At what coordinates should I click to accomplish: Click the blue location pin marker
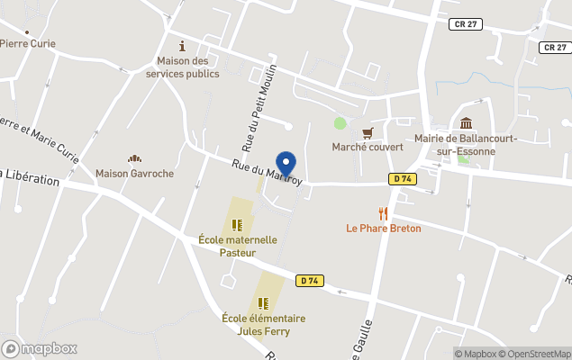point(286,164)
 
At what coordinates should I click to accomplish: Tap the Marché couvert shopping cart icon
point(367,132)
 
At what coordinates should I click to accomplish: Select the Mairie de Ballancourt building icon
point(466,123)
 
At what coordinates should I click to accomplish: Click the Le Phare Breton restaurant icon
point(384,213)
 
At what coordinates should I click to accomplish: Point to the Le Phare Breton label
point(384,229)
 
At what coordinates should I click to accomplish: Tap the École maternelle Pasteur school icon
point(238,225)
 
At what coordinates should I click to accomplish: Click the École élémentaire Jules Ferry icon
point(264,303)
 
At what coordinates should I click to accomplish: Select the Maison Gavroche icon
point(134,158)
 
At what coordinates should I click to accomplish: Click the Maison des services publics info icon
point(183,46)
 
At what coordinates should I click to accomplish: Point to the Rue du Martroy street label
point(268,172)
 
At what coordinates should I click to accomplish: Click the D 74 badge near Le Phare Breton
point(402,179)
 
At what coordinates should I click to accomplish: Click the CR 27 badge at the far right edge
point(555,47)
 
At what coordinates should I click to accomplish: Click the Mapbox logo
point(40,348)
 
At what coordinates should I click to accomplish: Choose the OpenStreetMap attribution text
point(538,354)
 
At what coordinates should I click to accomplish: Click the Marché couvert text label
point(367,148)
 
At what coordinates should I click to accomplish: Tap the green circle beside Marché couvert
point(340,123)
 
